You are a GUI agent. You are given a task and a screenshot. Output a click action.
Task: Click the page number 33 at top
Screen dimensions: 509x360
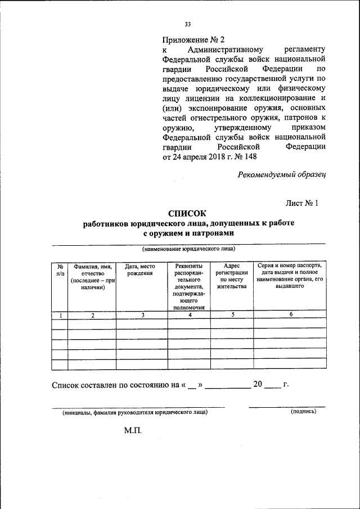(x=188, y=24)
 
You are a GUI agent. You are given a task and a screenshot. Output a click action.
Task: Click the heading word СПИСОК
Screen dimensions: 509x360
(x=188, y=213)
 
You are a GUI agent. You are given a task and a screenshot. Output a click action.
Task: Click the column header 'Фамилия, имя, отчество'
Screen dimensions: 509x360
(x=92, y=276)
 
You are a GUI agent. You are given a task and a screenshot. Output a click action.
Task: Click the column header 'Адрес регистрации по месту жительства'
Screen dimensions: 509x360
(x=232, y=276)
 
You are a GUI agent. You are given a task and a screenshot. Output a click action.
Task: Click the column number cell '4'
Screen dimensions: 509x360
(x=190, y=315)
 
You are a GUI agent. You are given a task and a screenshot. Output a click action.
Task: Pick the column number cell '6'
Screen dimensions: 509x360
(x=291, y=314)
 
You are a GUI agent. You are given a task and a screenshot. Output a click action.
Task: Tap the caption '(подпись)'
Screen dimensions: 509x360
(x=304, y=411)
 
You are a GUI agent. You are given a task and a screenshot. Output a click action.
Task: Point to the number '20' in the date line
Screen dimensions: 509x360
(x=258, y=385)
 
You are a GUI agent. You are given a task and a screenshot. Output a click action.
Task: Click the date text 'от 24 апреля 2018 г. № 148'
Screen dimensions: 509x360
(x=209, y=157)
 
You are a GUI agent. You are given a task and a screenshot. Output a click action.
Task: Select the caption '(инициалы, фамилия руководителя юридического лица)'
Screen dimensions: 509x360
(x=135, y=412)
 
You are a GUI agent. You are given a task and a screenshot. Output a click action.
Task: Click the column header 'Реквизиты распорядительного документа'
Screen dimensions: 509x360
(x=190, y=286)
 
